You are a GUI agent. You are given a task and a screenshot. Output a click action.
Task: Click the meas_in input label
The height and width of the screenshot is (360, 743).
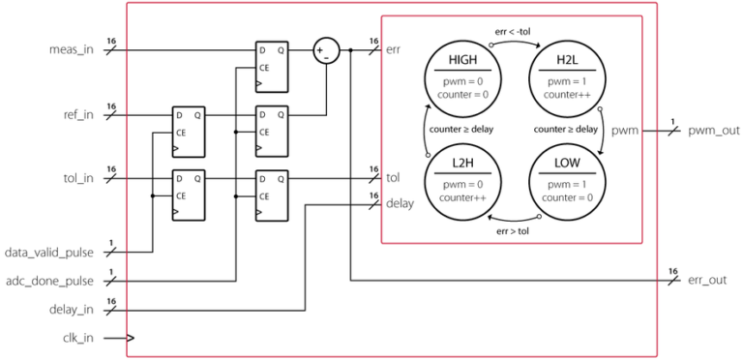(x=72, y=49)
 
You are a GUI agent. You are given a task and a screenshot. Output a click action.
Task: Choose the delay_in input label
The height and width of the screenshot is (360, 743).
(x=72, y=311)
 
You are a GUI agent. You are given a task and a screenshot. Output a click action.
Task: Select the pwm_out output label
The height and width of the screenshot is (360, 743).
(x=708, y=129)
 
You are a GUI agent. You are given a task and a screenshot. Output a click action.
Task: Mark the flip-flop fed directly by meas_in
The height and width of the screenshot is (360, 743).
(x=271, y=65)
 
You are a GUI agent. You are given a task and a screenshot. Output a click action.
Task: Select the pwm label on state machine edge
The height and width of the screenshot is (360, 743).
(x=627, y=130)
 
